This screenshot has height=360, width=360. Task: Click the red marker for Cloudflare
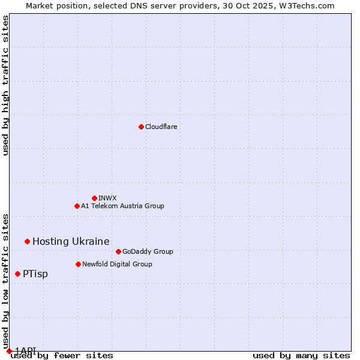(141, 127)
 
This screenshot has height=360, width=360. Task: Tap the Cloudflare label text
(161, 127)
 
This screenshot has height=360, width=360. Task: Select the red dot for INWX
(94, 198)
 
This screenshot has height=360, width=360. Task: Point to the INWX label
(107, 198)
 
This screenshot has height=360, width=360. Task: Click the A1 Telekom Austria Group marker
(77, 206)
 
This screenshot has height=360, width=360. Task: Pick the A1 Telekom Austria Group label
(122, 206)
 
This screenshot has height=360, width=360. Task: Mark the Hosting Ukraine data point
(27, 241)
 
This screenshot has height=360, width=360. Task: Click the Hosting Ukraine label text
(71, 241)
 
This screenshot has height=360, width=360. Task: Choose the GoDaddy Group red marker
(118, 251)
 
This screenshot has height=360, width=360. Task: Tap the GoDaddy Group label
(147, 251)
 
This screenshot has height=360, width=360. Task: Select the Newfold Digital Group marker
(78, 264)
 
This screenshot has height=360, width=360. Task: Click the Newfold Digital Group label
(117, 264)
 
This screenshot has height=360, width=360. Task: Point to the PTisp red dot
(17, 274)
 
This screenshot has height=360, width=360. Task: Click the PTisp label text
(35, 274)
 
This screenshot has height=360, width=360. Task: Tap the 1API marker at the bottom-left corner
(9, 351)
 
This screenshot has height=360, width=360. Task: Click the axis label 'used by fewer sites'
(62, 356)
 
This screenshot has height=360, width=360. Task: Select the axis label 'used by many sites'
(301, 356)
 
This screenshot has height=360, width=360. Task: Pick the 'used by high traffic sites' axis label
(6, 85)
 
